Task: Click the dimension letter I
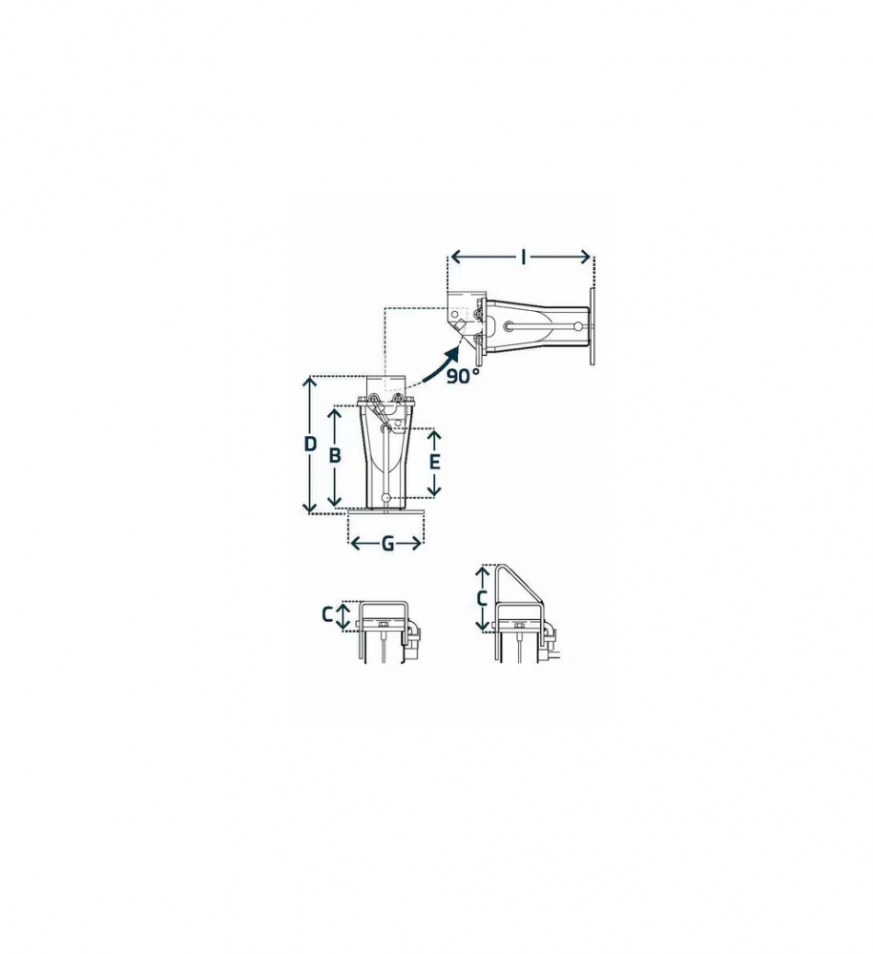coord(524,258)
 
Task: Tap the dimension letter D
coord(310,445)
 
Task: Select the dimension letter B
coord(335,456)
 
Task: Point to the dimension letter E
coord(434,463)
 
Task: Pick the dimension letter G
coord(387,544)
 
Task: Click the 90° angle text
coord(463,377)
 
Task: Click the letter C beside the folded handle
coord(328,615)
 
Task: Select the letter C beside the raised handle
coord(482,599)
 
